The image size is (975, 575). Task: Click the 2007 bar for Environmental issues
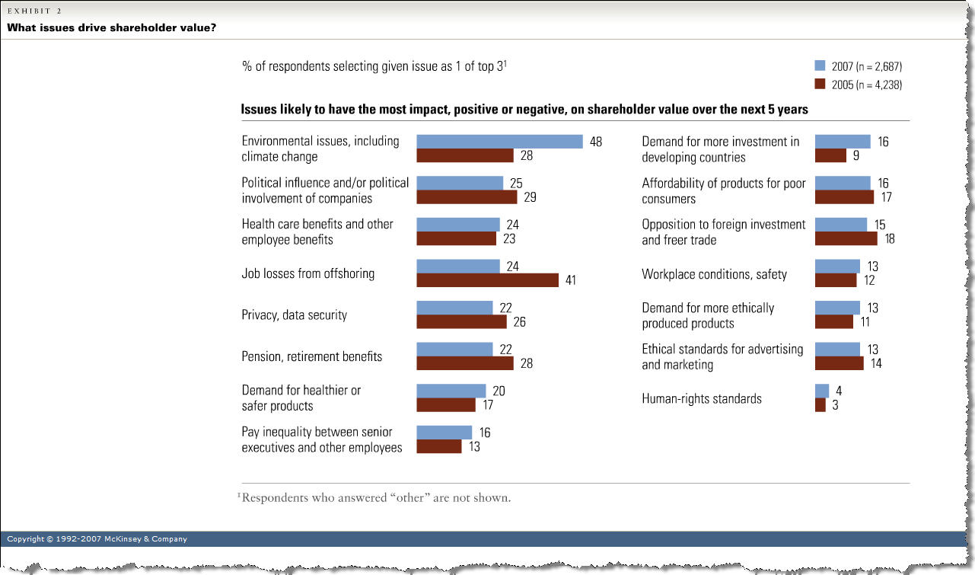coord(499,142)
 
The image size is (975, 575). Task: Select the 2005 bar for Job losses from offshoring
coord(487,280)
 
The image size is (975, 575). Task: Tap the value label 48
coord(595,142)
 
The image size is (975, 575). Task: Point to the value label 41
coord(569,280)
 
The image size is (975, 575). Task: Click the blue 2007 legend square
coord(820,65)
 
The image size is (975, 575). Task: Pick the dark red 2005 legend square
coord(820,85)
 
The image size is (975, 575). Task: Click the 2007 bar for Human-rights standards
coord(822,391)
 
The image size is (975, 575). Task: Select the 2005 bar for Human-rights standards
coord(820,405)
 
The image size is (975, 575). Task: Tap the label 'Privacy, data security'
coord(295,315)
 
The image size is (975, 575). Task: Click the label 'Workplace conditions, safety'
coord(714,274)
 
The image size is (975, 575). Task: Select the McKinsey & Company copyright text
coord(97,539)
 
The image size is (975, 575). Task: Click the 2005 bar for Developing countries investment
coord(830,155)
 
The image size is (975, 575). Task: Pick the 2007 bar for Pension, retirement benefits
coord(454,350)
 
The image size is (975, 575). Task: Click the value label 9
coord(855,156)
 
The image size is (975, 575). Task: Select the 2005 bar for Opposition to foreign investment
coord(846,238)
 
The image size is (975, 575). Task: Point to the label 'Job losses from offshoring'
coord(307,273)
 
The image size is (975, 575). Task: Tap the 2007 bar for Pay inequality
coord(444,433)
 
